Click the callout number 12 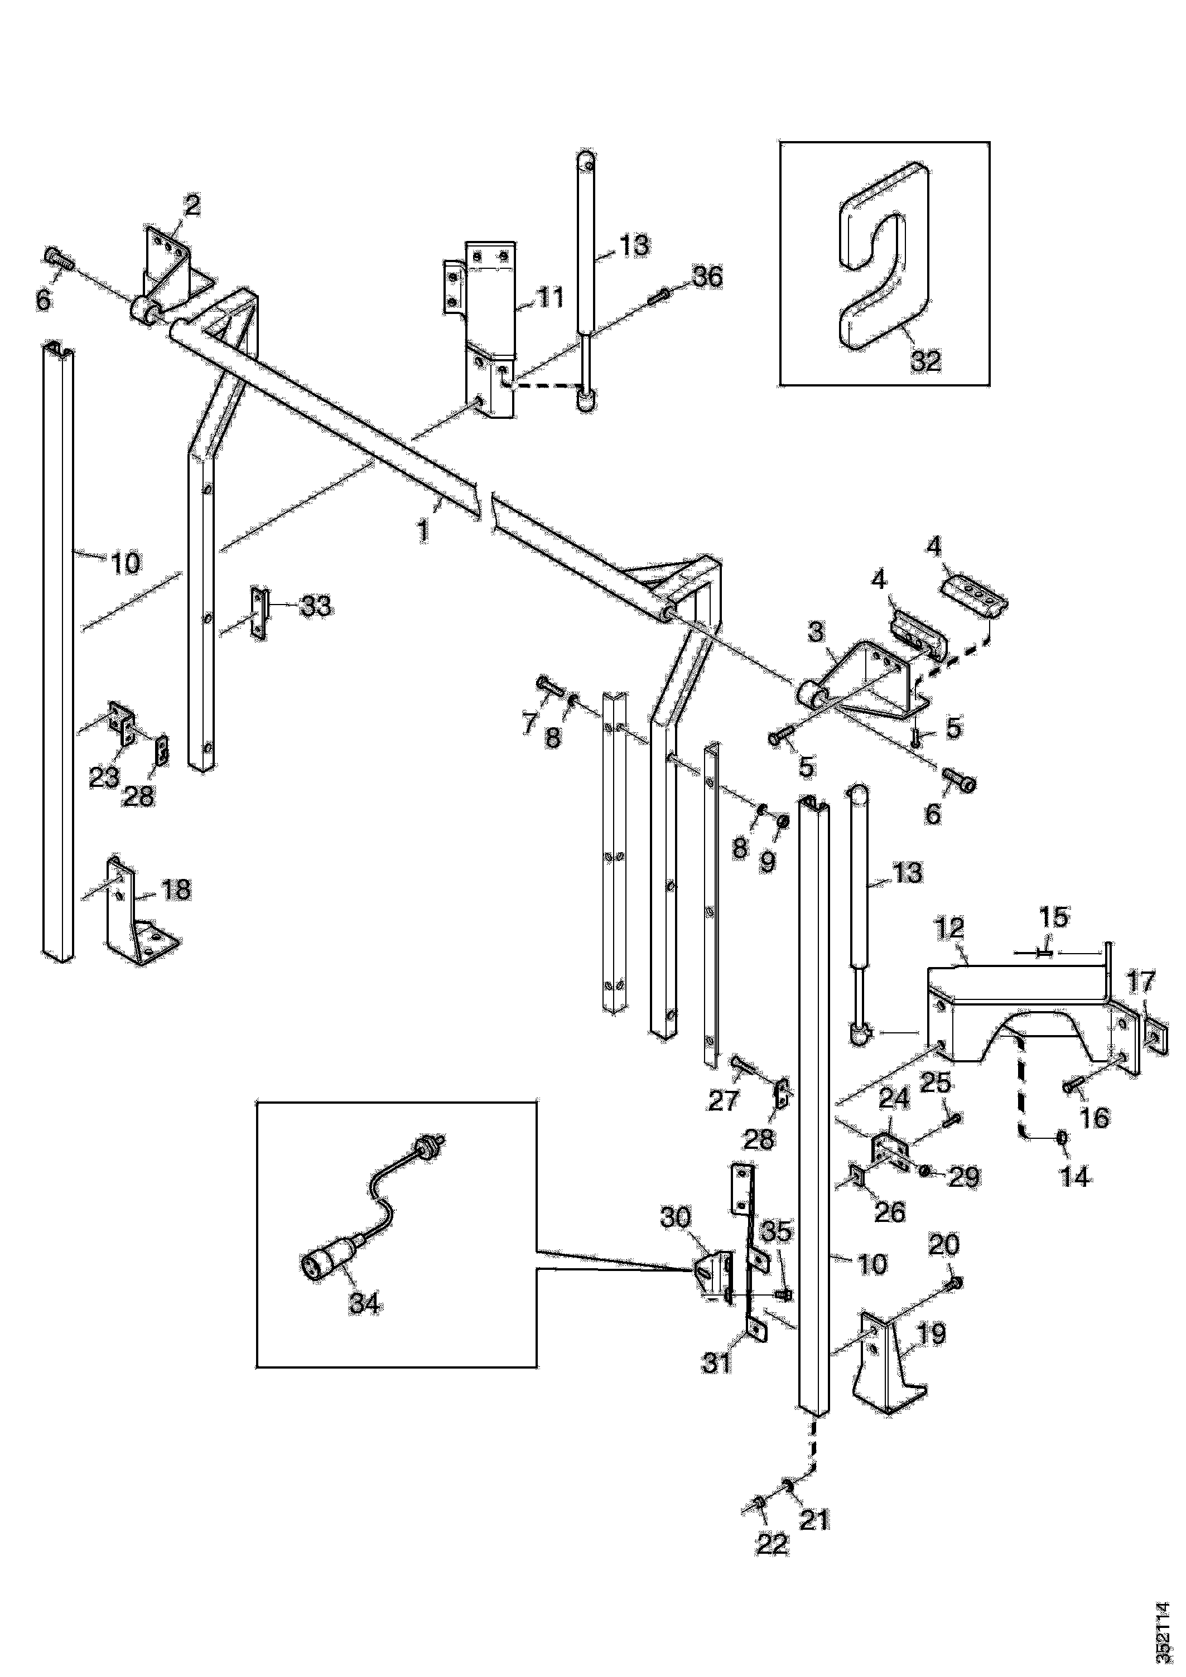(948, 930)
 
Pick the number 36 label (707, 277)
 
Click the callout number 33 (316, 606)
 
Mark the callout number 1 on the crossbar (424, 530)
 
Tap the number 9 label (766, 863)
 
